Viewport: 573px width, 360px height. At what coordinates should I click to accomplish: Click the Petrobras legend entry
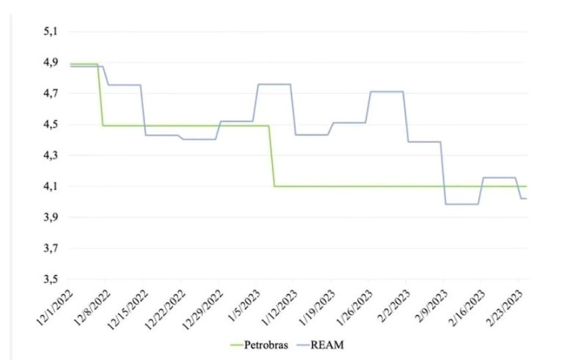coord(255,343)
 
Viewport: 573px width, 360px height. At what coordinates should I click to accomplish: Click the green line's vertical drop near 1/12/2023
coord(271,155)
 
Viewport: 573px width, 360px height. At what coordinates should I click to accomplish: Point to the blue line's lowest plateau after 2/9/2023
coord(461,204)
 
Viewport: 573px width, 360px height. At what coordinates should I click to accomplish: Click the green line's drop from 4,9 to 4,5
coord(100,95)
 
